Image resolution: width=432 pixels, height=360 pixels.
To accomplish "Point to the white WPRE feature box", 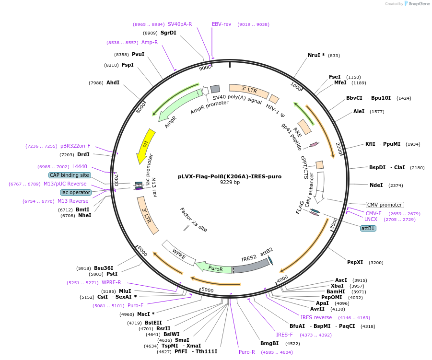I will tap(178, 253).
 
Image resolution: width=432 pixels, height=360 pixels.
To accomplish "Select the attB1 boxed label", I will tap(368, 228).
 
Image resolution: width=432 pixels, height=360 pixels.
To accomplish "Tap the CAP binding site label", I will tap(70, 175).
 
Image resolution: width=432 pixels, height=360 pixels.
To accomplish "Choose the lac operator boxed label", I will tap(75, 192).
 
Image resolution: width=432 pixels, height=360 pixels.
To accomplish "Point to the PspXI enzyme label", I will tap(355, 262).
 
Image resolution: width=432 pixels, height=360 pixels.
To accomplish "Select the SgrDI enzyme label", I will tap(168, 33).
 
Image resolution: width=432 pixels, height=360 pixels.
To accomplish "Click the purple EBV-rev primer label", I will tap(222, 24).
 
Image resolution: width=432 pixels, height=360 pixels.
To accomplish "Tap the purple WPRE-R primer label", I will tap(111, 282).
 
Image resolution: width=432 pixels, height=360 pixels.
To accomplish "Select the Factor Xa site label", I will tap(194, 220).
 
